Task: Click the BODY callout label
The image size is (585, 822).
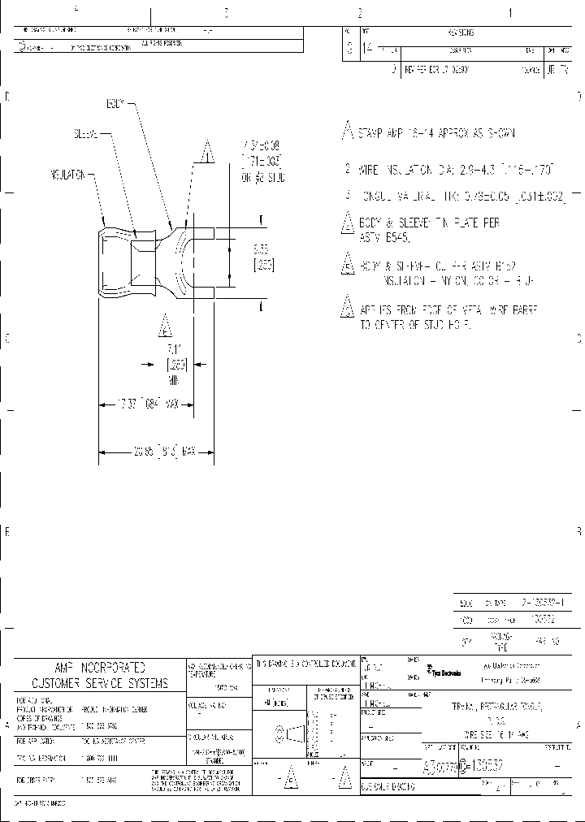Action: click(x=115, y=105)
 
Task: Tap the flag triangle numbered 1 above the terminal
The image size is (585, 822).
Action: click(x=208, y=151)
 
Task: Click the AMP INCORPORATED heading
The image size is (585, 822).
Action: click(x=100, y=664)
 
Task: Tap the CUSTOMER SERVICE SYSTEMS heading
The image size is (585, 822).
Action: click(x=100, y=683)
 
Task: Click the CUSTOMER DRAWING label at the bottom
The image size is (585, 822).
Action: click(x=390, y=786)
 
